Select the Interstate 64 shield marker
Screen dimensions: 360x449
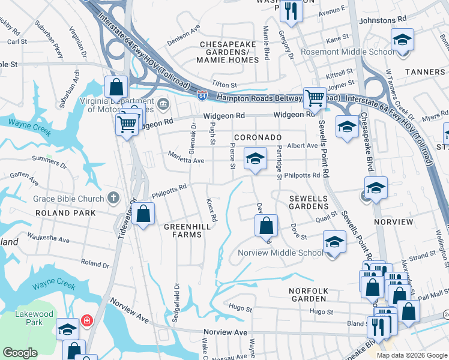point(203,95)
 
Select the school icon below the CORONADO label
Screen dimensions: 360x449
point(255,159)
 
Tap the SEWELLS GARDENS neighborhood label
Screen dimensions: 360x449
point(309,202)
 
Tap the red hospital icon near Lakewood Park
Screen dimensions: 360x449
point(87,320)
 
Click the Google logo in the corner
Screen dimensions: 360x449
point(20,353)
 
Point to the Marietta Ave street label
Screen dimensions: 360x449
point(187,160)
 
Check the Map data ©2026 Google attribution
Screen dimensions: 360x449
point(411,355)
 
